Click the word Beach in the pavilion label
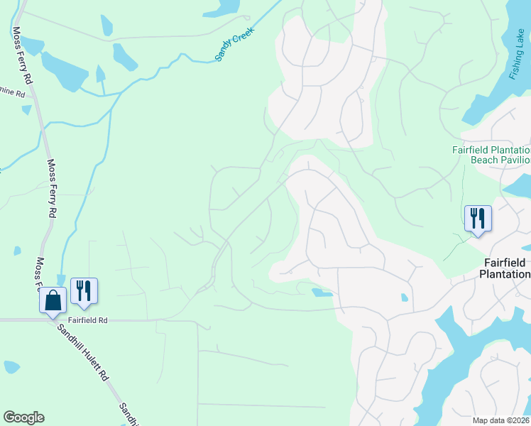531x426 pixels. pyautogui.click(x=486, y=160)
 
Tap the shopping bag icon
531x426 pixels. pyautogui.click(x=53, y=300)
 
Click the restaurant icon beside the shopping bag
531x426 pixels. pyautogui.click(x=84, y=290)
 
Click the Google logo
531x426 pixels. pyautogui.click(x=23, y=417)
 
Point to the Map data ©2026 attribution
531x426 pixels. pyautogui.click(x=501, y=420)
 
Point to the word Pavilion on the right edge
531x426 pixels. pyautogui.click(x=517, y=160)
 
